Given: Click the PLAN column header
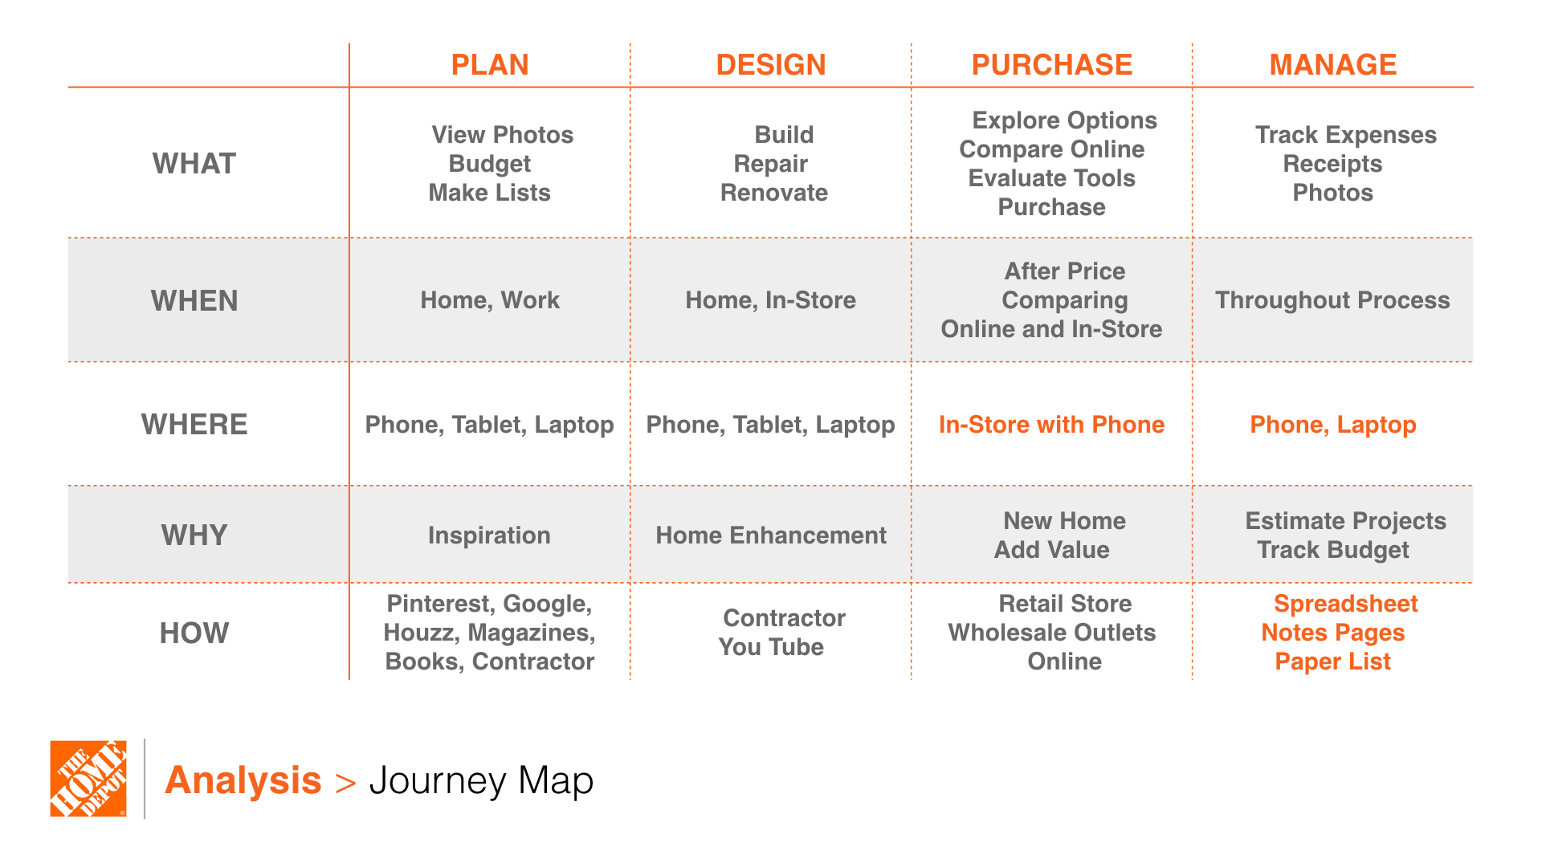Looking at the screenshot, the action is point(490,64).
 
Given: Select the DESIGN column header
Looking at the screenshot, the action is point(771,64).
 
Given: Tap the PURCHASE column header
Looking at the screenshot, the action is point(1052,64).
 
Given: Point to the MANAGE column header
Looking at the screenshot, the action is point(1333,64).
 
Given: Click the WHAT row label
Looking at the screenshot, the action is point(194,164).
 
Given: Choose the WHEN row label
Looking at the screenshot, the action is point(194,301).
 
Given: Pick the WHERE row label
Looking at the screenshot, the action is point(194,425).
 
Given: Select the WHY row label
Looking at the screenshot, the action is point(194,535).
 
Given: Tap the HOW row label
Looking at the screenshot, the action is point(194,633).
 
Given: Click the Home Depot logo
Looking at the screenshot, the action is point(88,779).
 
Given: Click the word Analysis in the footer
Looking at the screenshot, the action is point(243,780).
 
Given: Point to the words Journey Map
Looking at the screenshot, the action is point(481,780).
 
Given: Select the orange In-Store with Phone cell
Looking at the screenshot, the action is point(1052,425).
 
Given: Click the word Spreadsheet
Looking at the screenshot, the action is point(1346,604).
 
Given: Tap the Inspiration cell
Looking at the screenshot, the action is point(489,535).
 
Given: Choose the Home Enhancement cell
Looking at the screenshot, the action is point(771,535).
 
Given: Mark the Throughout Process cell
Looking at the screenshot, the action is point(1332,300).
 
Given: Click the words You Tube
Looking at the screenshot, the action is point(771,647).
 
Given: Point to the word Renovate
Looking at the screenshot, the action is point(774,193).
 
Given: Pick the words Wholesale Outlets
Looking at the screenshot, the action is point(1052,633).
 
